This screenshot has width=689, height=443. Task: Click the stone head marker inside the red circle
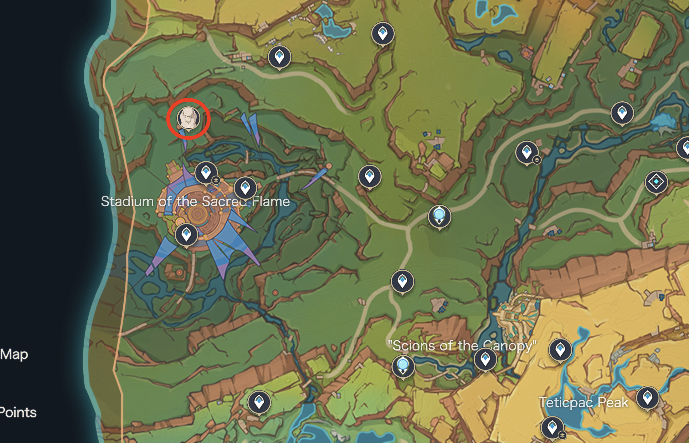click(x=188, y=118)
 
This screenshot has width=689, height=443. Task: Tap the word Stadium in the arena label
click(x=127, y=201)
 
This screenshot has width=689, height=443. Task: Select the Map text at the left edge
click(x=14, y=354)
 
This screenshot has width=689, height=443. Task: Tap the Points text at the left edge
click(x=18, y=412)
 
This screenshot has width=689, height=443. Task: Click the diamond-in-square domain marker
click(x=656, y=182)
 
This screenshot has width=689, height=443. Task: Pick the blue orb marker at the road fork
click(x=439, y=216)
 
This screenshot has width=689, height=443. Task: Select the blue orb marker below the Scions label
click(x=403, y=366)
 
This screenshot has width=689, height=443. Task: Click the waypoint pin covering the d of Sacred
click(x=245, y=188)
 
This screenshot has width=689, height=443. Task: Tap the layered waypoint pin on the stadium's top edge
click(x=206, y=172)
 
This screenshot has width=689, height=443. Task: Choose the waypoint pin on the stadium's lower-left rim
click(x=186, y=234)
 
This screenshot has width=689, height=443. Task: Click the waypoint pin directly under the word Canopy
click(x=485, y=359)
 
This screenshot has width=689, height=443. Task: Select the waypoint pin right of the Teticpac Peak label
click(x=648, y=397)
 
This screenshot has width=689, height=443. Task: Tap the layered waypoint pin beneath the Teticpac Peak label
click(x=552, y=427)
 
